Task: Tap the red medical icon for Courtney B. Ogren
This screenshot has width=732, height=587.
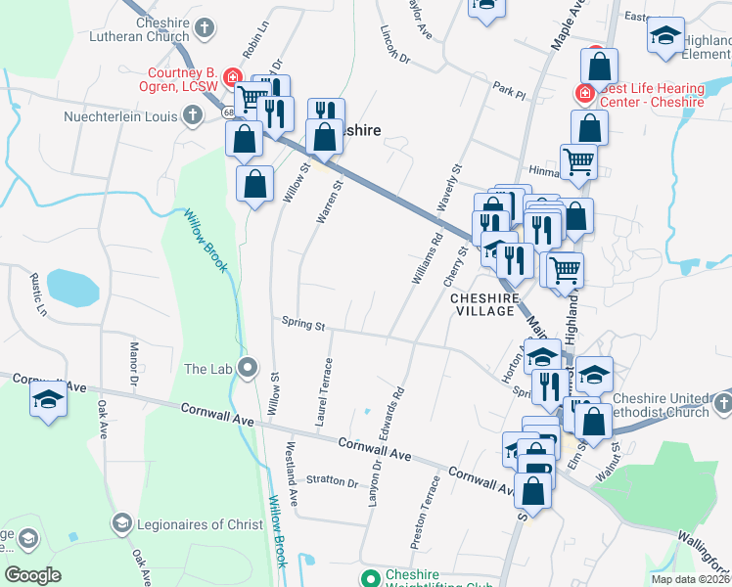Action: click(x=232, y=76)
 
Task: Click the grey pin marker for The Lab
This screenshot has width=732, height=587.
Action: click(x=248, y=369)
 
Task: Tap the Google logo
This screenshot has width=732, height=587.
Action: click(x=32, y=575)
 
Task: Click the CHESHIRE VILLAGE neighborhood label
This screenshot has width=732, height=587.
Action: click(x=482, y=303)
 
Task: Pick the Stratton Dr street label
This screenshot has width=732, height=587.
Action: click(x=332, y=480)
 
